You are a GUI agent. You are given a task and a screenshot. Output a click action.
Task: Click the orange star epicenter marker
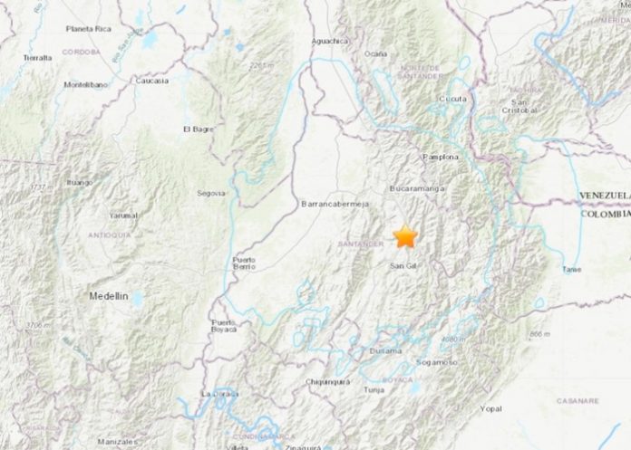point(404,237)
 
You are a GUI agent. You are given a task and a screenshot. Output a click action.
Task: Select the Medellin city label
point(109,296)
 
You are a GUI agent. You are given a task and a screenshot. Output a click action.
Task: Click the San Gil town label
point(403,265)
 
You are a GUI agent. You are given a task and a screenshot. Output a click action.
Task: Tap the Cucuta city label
point(452,99)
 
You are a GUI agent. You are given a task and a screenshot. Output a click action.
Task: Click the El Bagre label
point(199,129)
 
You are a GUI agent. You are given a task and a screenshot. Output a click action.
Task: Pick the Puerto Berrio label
point(244,264)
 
